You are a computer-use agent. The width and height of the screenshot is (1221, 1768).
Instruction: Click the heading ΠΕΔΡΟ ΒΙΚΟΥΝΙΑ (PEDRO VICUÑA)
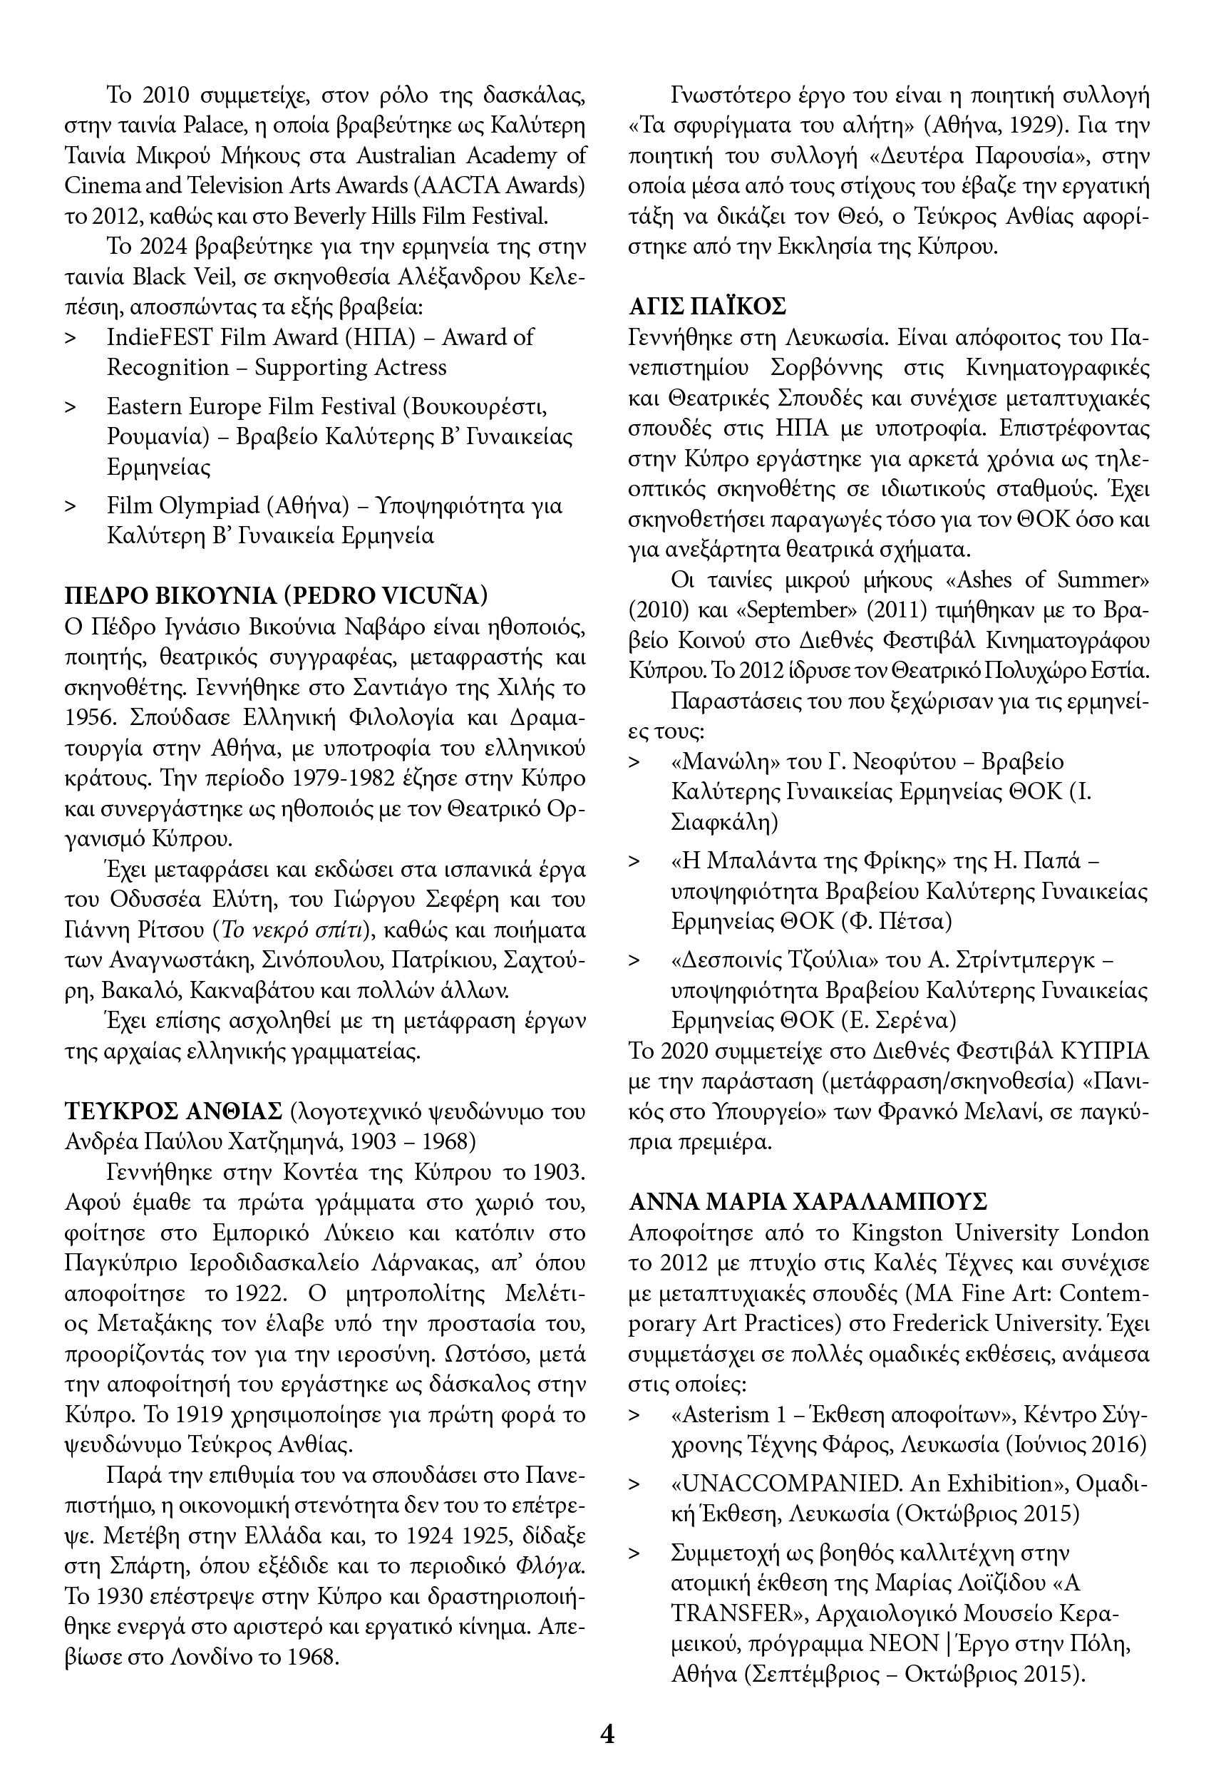[276, 595]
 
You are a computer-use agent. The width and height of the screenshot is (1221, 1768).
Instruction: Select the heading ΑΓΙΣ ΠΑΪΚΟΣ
[707, 307]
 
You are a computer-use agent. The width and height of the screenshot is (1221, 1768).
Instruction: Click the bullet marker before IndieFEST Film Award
[71, 338]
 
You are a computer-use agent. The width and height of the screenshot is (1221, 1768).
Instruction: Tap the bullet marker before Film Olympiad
[71, 506]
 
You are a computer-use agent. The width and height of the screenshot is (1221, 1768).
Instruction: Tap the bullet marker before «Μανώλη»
[634, 763]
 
